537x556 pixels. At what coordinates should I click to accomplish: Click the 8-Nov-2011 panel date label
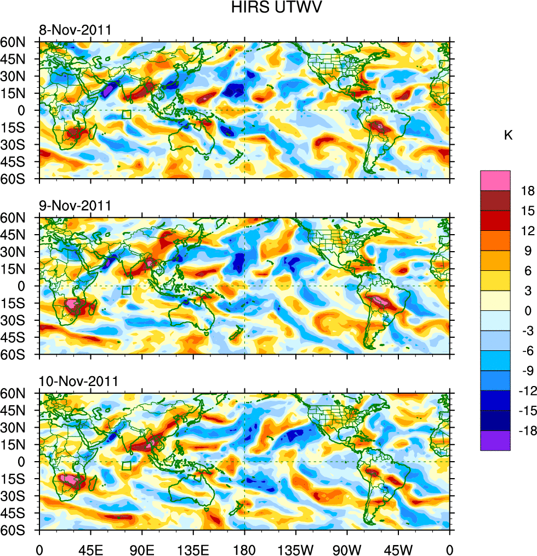(75, 30)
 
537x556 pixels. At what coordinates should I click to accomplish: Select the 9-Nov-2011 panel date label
(75, 206)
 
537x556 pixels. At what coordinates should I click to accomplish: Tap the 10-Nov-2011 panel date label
(77, 381)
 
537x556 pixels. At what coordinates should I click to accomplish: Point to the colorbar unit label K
(509, 135)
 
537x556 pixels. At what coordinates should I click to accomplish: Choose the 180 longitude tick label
(244, 548)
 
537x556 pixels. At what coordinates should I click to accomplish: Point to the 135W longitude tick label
(296, 548)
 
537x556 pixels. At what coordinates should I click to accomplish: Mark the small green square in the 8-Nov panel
(127, 115)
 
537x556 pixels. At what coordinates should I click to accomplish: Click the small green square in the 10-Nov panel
(127, 466)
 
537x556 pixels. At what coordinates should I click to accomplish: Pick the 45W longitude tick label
(398, 548)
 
